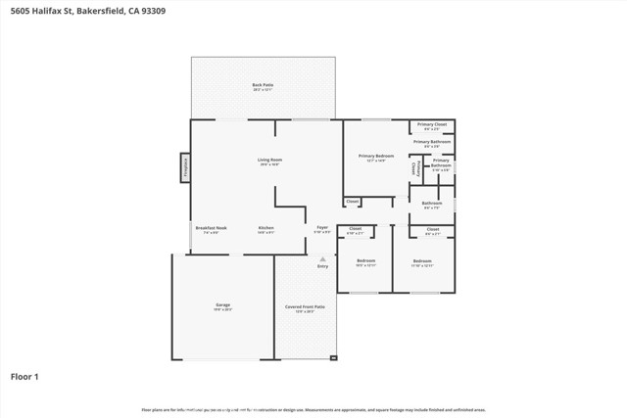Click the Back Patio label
(x=262, y=85)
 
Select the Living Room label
(x=269, y=160)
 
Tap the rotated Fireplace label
(x=183, y=167)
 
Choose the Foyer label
(x=321, y=227)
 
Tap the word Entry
(x=322, y=266)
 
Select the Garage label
(x=222, y=305)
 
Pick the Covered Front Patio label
(x=305, y=306)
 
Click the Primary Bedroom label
(x=376, y=156)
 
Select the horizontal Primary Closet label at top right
(x=432, y=124)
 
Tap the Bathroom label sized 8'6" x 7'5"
(x=432, y=203)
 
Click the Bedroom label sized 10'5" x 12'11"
(x=365, y=260)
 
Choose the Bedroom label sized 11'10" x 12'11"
(x=422, y=260)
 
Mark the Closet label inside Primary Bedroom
(x=353, y=202)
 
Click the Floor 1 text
(x=24, y=376)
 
